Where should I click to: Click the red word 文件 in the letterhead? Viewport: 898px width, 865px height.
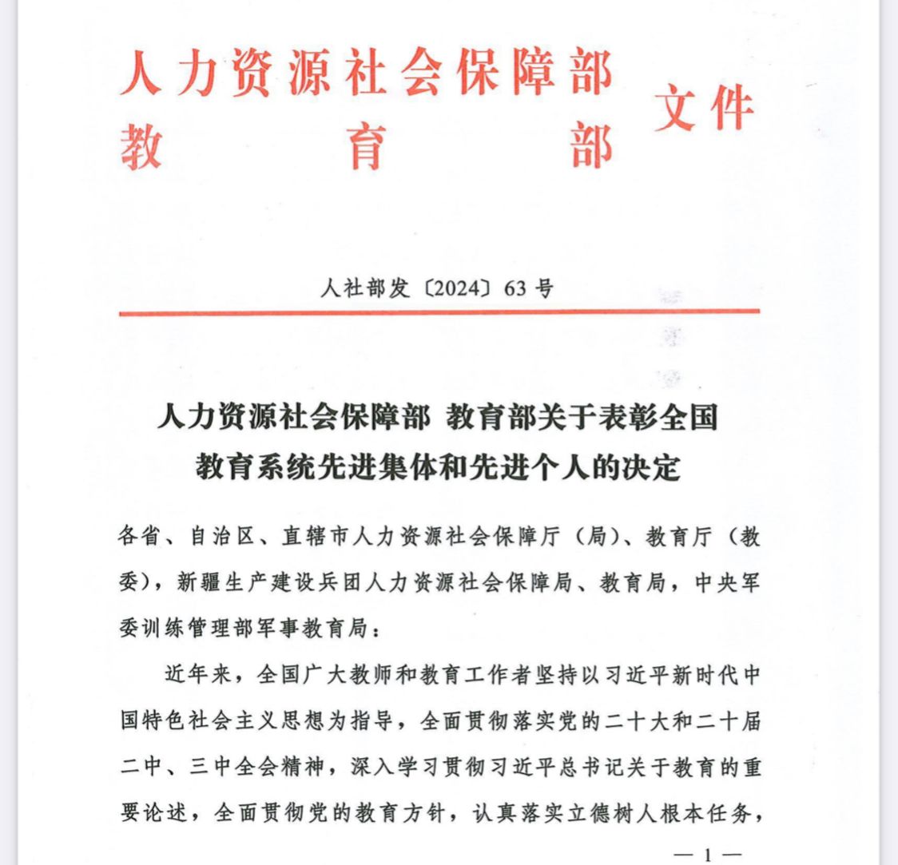(x=703, y=109)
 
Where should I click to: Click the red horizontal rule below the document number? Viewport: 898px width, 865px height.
(x=439, y=312)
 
